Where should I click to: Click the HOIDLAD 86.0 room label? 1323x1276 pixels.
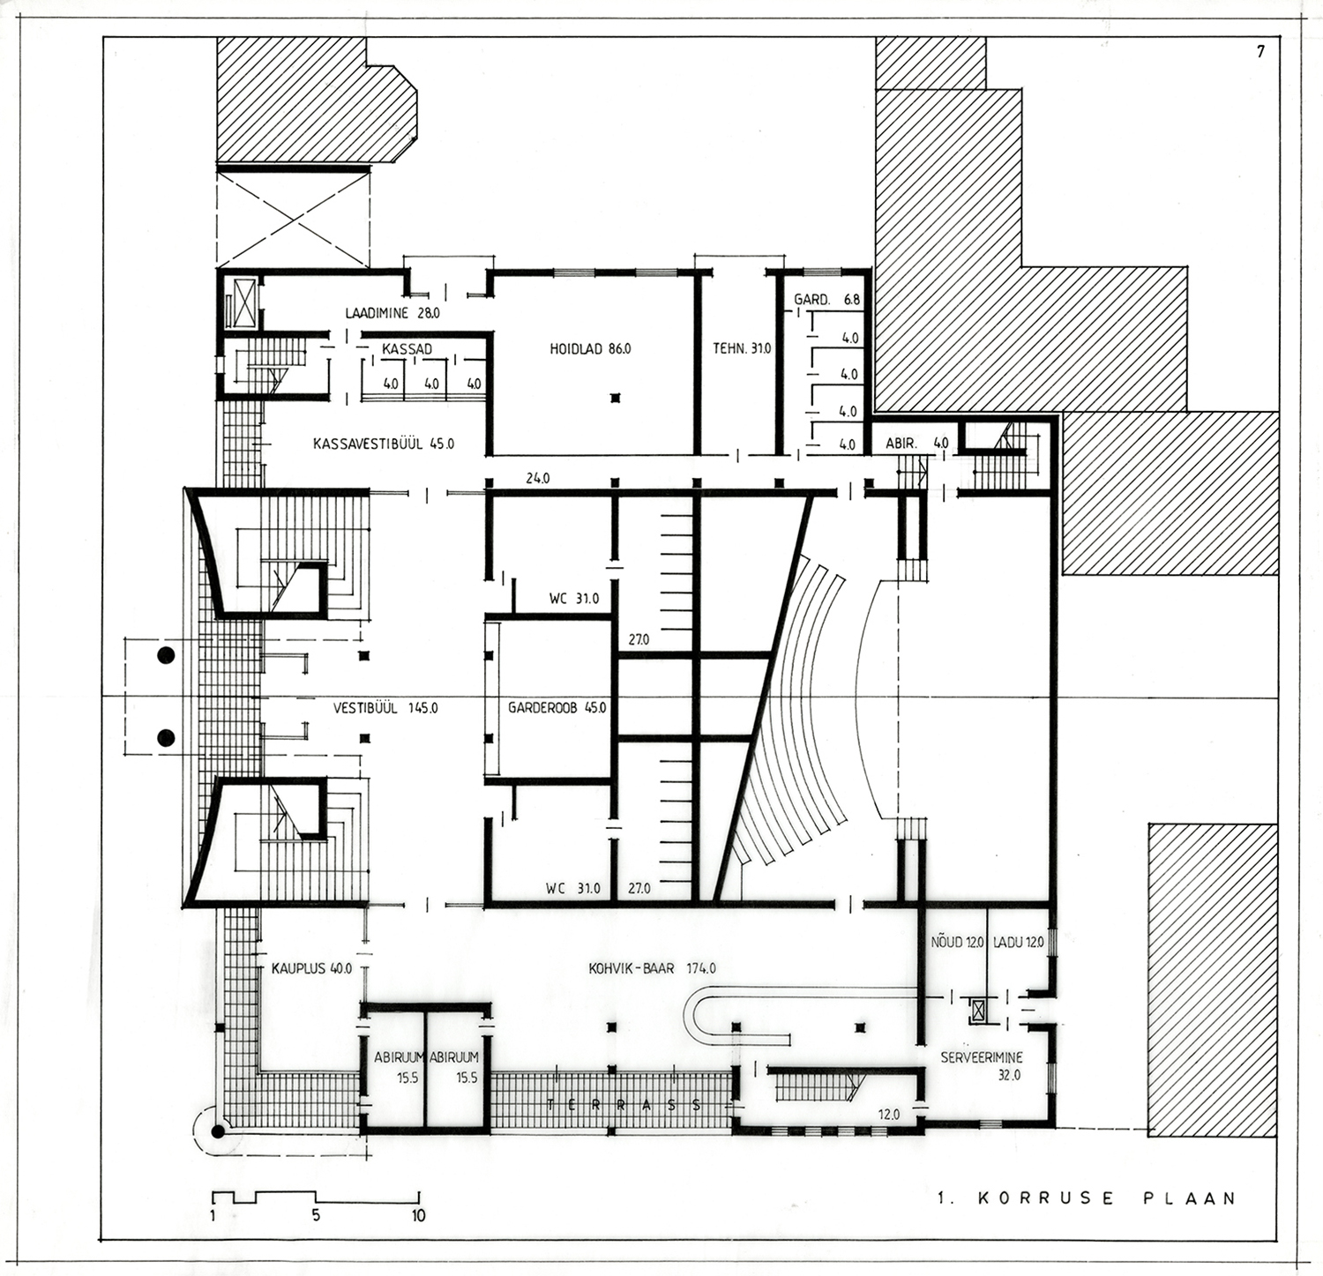[x=590, y=349]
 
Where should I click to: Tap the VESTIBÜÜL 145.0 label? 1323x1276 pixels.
[x=385, y=707]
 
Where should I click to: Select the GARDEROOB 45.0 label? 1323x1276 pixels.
[x=557, y=707]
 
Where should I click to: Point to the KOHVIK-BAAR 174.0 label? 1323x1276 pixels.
[x=652, y=968]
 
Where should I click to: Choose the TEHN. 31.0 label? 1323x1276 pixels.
[x=742, y=349]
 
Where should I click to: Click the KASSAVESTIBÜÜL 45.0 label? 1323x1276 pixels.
[x=384, y=444]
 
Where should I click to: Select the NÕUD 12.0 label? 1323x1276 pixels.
[x=957, y=943]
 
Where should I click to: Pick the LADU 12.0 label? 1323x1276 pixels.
[x=1018, y=943]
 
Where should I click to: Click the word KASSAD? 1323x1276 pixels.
[x=407, y=349]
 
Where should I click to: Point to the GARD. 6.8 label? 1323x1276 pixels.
[x=826, y=300]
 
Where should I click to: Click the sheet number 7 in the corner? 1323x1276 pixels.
[x=1260, y=51]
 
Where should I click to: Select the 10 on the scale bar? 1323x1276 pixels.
[x=417, y=1216]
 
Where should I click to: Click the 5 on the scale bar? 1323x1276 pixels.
[x=315, y=1216]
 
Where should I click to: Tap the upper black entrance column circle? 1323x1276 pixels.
[x=164, y=655]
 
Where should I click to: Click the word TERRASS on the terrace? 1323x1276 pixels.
[x=624, y=1104]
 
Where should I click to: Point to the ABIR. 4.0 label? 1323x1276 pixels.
[x=916, y=444]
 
